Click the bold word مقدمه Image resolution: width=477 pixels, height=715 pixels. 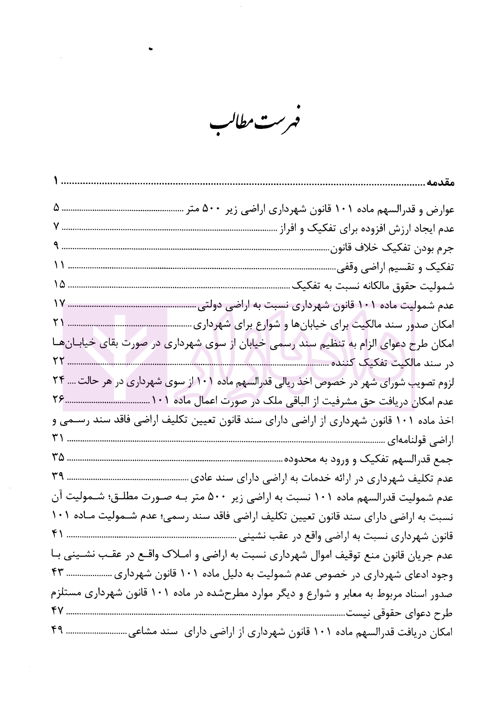click(440, 183)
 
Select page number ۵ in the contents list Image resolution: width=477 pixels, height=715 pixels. click(56, 208)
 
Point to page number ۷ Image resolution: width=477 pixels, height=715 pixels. click(56, 227)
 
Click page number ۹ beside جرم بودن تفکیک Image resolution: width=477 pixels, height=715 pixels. click(56, 246)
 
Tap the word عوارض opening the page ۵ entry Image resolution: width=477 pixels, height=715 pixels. click(440, 210)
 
